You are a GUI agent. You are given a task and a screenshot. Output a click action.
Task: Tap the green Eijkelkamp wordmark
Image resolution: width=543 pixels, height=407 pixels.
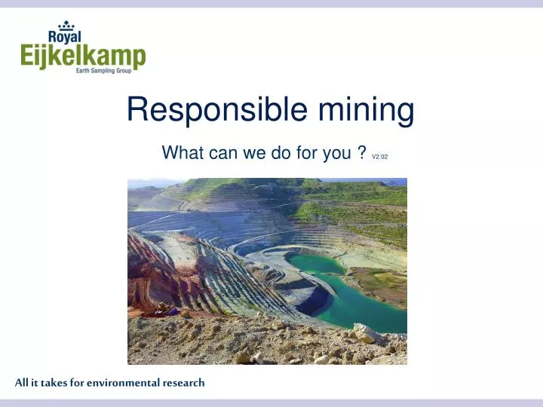[83, 57]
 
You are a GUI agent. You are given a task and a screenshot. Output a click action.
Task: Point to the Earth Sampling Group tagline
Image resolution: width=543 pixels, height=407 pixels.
[109, 71]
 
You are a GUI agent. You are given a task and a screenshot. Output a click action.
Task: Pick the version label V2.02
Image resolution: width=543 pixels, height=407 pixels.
[379, 157]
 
